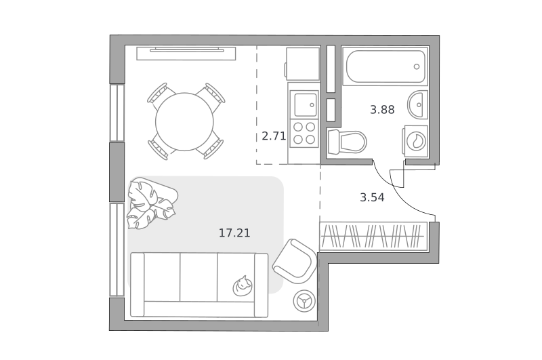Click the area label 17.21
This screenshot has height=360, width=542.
point(234,233)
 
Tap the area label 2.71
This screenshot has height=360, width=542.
point(274,136)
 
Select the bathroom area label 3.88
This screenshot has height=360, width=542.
point(382,110)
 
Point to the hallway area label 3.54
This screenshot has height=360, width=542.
point(372,197)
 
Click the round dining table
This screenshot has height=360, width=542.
point(184,122)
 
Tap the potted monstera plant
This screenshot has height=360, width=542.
point(151,203)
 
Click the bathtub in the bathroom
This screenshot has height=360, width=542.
point(385,66)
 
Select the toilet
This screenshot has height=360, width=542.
point(346,141)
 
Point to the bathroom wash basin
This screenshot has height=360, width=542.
point(417,104)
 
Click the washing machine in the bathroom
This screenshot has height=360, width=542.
point(415,141)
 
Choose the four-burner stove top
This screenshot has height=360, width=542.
point(304,133)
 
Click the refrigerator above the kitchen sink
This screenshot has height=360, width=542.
point(302,64)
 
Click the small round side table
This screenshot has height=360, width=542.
point(304,300)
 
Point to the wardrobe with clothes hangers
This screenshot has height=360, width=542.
point(373,236)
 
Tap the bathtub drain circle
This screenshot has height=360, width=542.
point(417,66)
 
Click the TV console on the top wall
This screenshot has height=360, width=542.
point(186,54)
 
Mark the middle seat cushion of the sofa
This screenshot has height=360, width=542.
point(199,277)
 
